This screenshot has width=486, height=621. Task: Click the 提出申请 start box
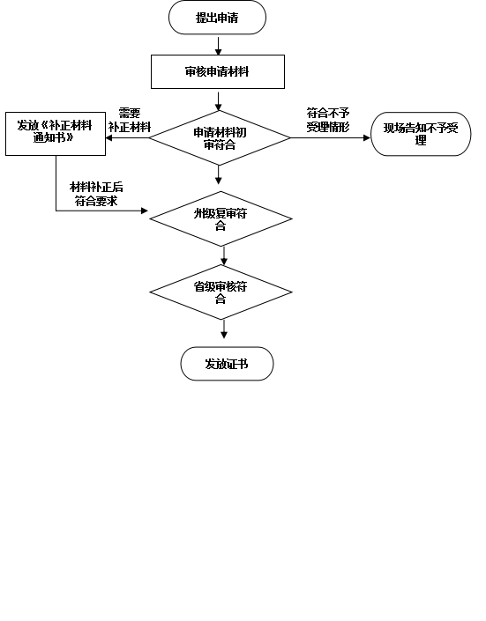click(x=217, y=18)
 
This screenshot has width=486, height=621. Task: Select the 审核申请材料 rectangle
click(x=218, y=71)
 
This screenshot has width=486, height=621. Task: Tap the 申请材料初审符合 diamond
click(x=220, y=137)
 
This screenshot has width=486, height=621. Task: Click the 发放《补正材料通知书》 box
click(x=56, y=134)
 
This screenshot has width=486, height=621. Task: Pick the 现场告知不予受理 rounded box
click(x=421, y=134)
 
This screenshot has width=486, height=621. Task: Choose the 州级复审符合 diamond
click(x=221, y=219)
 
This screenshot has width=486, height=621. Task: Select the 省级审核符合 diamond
click(x=221, y=292)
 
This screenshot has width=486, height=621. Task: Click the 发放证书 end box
click(x=227, y=364)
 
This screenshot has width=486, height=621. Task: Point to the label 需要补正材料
click(x=130, y=120)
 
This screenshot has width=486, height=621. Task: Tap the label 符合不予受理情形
click(x=328, y=120)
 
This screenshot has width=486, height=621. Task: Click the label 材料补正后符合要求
click(x=96, y=194)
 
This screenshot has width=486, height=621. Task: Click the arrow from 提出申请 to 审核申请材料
click(x=218, y=46)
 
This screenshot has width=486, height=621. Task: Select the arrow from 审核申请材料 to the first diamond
click(x=218, y=101)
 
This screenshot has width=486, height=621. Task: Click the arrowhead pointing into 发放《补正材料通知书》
click(x=108, y=137)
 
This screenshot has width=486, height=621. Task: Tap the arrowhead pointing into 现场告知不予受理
click(x=367, y=137)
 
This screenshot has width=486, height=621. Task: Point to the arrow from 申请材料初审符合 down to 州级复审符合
click(x=218, y=174)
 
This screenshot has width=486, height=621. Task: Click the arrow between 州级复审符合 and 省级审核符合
click(x=224, y=255)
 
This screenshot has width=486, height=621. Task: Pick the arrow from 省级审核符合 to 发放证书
click(x=224, y=329)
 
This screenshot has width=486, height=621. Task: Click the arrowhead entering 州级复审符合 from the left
click(x=145, y=211)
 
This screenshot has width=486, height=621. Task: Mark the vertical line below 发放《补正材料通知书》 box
click(x=56, y=183)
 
